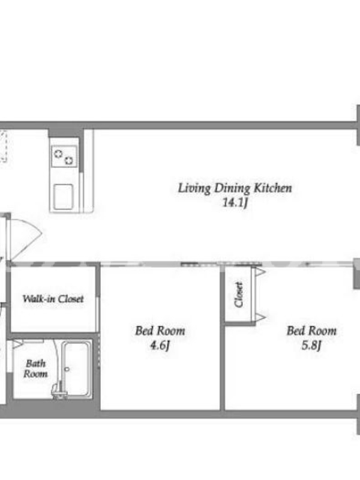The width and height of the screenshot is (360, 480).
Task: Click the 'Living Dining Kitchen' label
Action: click(235, 188)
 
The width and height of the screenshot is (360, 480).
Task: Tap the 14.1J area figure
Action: click(235, 203)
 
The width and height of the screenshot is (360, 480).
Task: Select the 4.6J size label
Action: click(160, 346)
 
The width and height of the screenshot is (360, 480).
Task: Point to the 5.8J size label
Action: click(311, 346)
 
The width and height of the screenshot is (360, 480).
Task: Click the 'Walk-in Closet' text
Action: click(53, 299)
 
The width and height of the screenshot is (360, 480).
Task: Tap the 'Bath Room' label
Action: click(35, 368)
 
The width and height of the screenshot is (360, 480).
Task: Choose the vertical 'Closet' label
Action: click(239, 294)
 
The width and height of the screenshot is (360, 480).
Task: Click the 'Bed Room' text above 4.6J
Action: click(160, 331)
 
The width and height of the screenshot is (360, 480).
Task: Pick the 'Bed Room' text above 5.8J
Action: click(311, 331)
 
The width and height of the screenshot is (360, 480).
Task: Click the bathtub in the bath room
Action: click(76, 370)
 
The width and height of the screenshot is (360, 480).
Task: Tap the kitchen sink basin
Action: click(64, 197)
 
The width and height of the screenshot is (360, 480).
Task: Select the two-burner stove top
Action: click(64, 157)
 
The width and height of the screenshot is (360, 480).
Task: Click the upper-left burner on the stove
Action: click(58, 154)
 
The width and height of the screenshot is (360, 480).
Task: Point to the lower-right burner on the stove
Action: click(69, 160)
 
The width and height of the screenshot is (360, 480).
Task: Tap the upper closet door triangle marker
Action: click(260, 272)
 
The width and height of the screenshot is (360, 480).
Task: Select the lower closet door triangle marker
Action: click(260, 317)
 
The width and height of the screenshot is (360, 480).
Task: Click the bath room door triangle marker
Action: click(17, 344)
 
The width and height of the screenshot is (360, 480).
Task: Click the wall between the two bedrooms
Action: click(223, 338)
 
